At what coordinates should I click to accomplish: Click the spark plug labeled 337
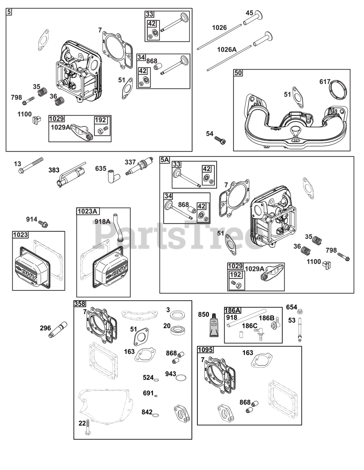coord(139,166)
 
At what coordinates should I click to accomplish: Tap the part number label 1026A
coord(227,49)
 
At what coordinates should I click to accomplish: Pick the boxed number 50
coord(238,73)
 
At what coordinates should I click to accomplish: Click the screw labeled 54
coord(220,140)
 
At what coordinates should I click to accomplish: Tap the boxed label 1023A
coord(88,211)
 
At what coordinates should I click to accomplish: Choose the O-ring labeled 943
coord(181,377)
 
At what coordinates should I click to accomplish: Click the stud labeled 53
coord(299,329)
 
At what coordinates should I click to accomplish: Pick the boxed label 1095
coord(206,350)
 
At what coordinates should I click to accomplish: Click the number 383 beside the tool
coord(54,170)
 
